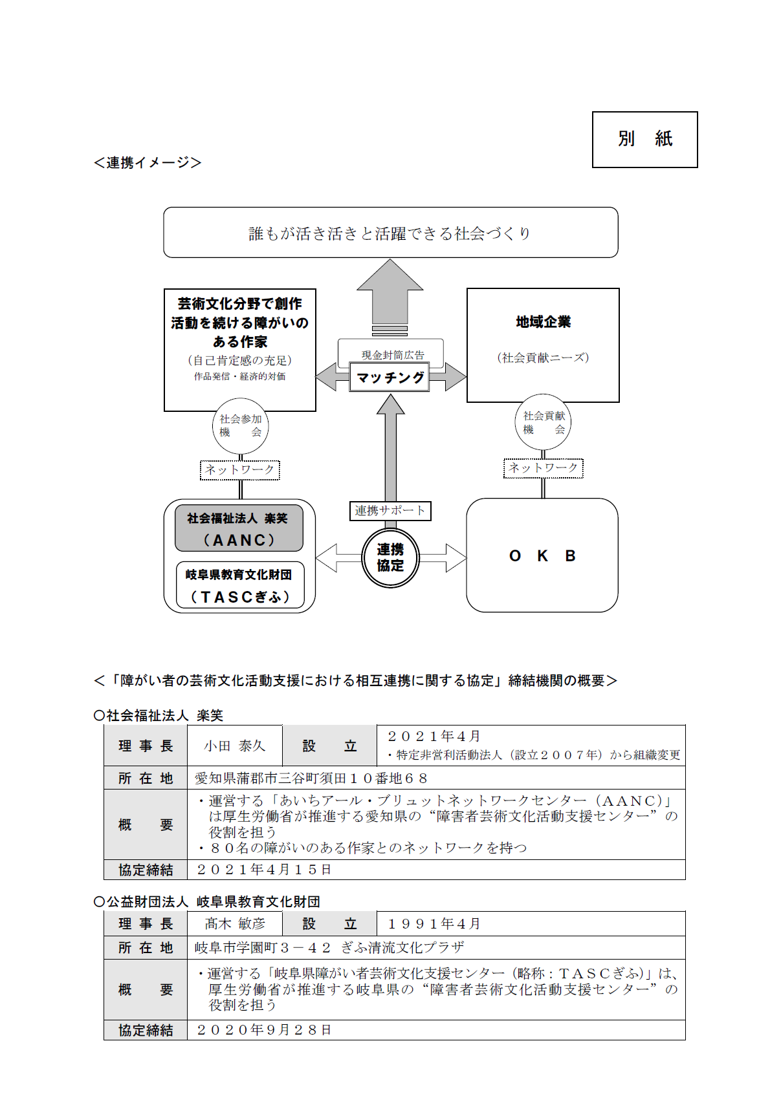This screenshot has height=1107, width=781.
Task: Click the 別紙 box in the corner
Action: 644,139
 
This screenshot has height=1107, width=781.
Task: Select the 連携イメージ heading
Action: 148,162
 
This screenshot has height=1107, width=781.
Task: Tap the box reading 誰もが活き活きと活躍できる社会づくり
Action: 390,233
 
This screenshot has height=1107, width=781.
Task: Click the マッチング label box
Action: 390,377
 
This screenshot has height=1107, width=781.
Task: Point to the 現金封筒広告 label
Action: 393,354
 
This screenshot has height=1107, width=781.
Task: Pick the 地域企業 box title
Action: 543,322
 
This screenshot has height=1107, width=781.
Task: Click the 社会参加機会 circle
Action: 240,425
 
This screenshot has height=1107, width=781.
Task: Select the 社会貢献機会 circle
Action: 543,422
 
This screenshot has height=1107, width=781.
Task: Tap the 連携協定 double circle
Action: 390,557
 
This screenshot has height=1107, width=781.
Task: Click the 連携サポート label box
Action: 390,510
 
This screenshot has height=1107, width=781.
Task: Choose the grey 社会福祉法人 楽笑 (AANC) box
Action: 239,528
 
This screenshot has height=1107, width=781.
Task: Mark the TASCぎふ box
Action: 240,586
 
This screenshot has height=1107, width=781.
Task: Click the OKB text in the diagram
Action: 542,556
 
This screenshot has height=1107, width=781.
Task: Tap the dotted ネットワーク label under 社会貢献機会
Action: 543,468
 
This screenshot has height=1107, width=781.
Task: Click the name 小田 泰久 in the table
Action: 234,746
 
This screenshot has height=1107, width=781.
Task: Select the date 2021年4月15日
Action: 264,870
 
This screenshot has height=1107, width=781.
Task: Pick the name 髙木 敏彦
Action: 235,924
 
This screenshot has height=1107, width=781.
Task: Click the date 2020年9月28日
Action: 264,1030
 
